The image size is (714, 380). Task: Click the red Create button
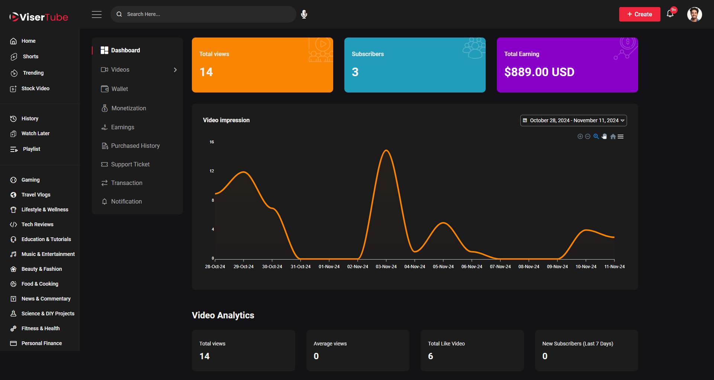click(x=639, y=14)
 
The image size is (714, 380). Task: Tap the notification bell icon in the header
click(x=670, y=14)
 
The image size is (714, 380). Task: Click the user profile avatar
click(x=694, y=14)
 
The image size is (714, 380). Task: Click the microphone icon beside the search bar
click(x=304, y=14)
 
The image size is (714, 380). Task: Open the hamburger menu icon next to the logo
click(x=97, y=14)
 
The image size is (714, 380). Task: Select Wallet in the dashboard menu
click(x=119, y=89)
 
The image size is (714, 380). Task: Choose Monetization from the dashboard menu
click(x=128, y=108)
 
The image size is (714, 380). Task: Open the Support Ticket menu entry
click(x=130, y=164)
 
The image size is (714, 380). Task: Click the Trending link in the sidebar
click(x=33, y=73)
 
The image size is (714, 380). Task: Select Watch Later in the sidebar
click(x=35, y=133)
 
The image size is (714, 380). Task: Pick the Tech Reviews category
click(x=37, y=224)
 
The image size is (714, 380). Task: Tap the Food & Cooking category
click(x=40, y=284)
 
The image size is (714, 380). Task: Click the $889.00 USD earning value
click(x=539, y=72)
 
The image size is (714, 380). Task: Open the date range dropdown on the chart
click(x=573, y=120)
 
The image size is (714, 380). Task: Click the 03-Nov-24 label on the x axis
click(x=386, y=267)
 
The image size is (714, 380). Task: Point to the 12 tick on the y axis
click(x=212, y=171)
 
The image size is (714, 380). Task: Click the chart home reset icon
click(x=613, y=137)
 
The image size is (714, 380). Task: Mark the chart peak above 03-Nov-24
click(x=386, y=150)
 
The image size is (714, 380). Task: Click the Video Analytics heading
click(x=223, y=315)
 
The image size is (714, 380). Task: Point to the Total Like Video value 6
click(x=431, y=356)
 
